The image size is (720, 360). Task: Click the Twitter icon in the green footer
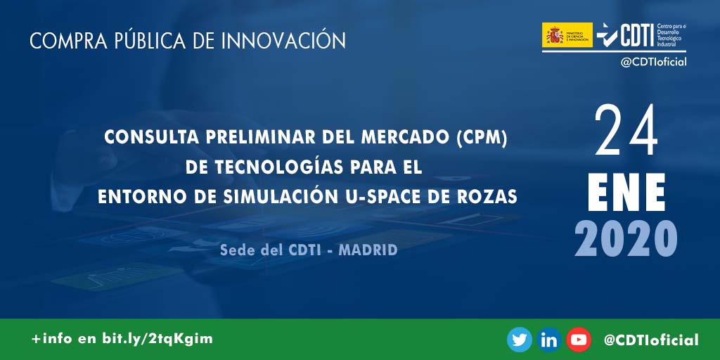(x=520, y=340)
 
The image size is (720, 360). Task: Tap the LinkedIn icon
(x=549, y=340)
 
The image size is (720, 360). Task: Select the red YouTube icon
(x=579, y=340)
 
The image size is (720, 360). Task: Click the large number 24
(x=626, y=131)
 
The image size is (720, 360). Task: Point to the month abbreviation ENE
(x=626, y=190)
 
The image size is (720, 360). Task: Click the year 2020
(x=626, y=238)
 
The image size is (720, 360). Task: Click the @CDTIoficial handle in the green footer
(x=651, y=340)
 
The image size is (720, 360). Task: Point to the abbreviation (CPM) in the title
(x=482, y=138)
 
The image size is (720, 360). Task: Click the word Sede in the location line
(x=236, y=250)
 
